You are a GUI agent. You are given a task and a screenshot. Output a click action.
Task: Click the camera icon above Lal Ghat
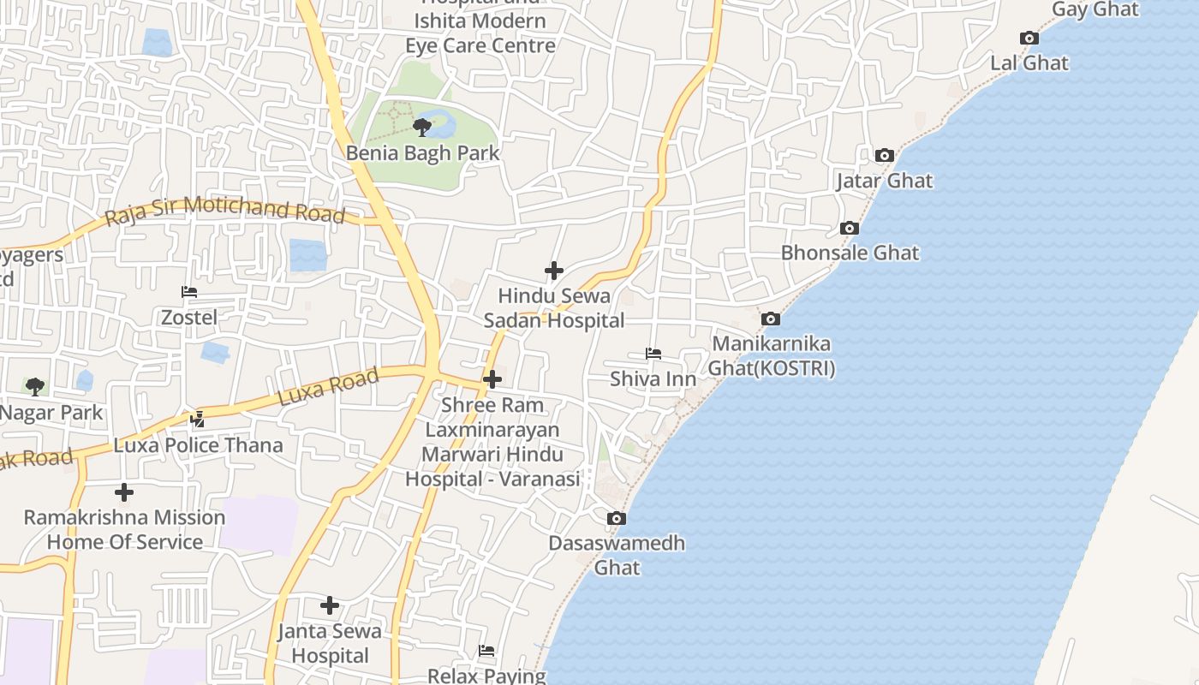1029,38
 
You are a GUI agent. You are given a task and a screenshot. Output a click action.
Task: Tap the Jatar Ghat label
884,181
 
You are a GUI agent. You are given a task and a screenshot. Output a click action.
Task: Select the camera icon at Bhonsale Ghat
849,228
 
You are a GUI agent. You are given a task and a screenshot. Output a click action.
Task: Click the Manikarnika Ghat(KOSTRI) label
772,356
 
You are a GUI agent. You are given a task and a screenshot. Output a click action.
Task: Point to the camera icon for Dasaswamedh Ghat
616,518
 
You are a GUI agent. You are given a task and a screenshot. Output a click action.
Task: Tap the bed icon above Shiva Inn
653,353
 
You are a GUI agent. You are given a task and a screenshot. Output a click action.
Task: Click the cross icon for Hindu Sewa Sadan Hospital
554,271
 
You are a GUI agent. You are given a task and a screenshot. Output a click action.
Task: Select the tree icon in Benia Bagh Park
421,128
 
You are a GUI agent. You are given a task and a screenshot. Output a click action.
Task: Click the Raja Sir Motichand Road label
224,211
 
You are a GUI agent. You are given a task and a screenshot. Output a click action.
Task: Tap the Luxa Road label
328,388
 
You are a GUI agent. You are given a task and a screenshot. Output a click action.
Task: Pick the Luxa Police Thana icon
198,420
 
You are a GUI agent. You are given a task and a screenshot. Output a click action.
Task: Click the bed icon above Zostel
189,292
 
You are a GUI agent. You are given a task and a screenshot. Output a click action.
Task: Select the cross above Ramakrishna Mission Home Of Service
124,492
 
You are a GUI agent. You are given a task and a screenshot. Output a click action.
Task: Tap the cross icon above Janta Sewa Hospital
330,605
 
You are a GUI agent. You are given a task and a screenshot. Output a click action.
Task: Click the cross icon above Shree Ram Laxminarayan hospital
492,378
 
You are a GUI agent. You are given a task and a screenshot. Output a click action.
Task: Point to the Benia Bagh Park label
422,153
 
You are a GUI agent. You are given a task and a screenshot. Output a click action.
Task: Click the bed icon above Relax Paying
486,651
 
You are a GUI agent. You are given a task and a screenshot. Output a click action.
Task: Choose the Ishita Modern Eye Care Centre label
480,33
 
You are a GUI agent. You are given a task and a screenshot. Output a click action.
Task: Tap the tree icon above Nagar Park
34,386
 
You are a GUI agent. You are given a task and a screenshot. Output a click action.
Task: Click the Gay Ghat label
1095,9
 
